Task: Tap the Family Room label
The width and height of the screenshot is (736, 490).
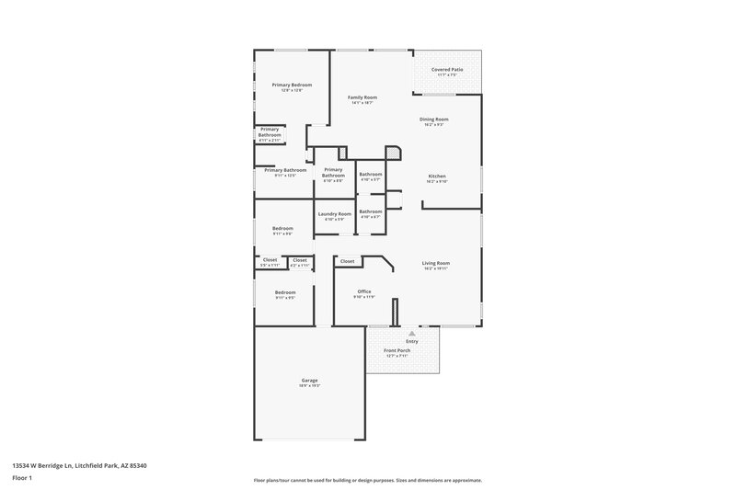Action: coord(362,97)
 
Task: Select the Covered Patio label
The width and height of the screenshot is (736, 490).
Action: coord(447,69)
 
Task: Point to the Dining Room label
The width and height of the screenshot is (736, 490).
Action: coord(434,119)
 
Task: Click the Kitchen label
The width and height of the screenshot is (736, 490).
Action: coord(437,176)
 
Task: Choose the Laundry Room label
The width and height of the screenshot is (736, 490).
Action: coord(335,213)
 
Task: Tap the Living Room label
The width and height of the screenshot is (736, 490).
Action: coord(435,263)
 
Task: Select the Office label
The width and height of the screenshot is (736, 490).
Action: coord(363,291)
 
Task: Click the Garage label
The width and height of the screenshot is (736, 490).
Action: coord(309,380)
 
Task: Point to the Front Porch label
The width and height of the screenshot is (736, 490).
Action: coord(397,350)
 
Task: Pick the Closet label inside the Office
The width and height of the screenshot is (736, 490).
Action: coord(347,261)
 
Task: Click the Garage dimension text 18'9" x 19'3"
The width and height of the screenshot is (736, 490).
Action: coord(309,385)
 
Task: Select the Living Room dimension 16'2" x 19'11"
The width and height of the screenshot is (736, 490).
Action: coord(435,268)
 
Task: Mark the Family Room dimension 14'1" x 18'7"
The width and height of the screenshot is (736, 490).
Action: coord(362,102)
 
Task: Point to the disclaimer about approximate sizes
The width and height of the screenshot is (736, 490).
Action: coord(367,480)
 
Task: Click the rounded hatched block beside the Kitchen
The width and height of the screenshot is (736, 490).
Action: coord(393,154)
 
